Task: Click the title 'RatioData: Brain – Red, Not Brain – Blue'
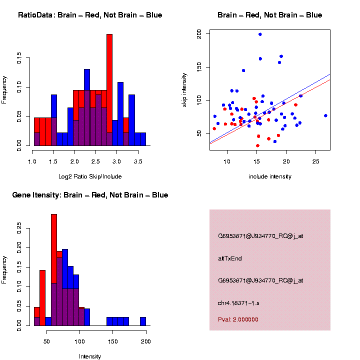coord(90,15)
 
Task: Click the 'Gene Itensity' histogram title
coord(90,195)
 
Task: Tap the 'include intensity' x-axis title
coord(270,176)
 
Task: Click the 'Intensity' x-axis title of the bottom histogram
coord(90,356)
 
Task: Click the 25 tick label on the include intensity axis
coord(316,162)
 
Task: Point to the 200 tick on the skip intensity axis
coord(199,34)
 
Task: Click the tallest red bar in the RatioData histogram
coord(109,80)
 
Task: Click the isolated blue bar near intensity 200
coord(143,321)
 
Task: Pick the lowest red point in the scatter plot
coord(257,145)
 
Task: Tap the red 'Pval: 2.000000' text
coord(238,319)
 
